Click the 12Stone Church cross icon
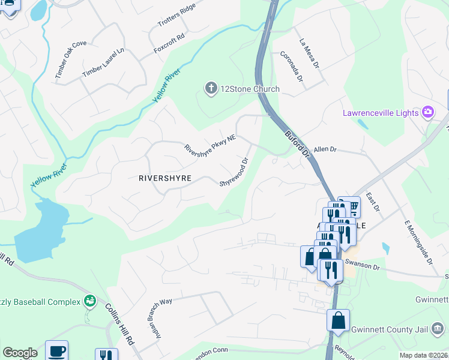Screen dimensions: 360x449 click(211, 89)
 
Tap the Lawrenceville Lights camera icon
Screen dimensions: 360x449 click(428, 112)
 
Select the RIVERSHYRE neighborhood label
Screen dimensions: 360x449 click(165, 178)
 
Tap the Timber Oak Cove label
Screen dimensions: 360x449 click(71, 59)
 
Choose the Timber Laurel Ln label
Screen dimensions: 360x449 click(103, 62)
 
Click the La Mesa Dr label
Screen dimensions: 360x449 click(309, 53)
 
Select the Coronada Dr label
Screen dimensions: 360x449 click(292, 67)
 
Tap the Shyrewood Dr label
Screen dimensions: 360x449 click(234, 172)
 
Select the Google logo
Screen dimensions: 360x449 click(20, 352)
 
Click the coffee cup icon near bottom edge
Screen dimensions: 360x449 click(57, 351)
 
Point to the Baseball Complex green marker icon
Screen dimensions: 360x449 click(90, 299)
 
